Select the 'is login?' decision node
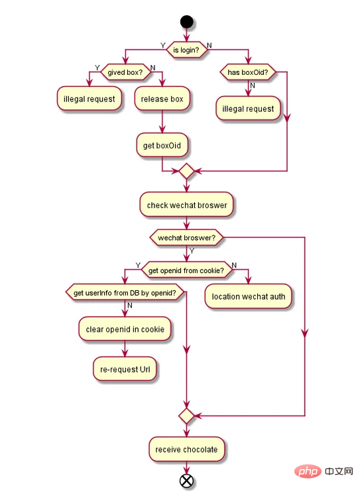tap(186, 50)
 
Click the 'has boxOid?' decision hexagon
tap(247, 73)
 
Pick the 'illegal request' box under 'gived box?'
tap(89, 99)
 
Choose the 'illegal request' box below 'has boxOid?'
tap(247, 109)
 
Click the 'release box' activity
tap(162, 99)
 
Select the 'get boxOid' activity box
tap(162, 145)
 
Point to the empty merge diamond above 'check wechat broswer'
tap(186, 171)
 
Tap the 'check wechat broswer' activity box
tap(186, 205)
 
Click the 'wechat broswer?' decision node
tap(186, 236)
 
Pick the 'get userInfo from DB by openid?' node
tap(125, 292)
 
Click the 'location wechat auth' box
tap(248, 296)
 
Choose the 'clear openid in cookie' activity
tap(125, 328)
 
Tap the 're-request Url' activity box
tap(125, 369)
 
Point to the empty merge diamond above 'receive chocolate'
tap(186, 416)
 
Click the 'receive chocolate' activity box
tap(186, 449)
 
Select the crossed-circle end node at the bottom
tap(186, 481)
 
